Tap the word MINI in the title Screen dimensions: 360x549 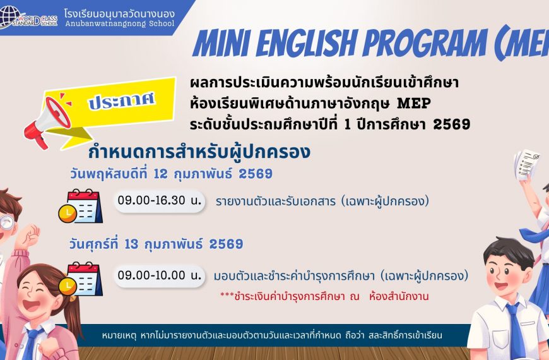[x=224, y=43]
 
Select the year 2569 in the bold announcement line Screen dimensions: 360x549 [x=451, y=124]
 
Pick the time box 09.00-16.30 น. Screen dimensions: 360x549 [x=159, y=201]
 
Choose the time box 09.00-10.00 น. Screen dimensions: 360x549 [x=159, y=275]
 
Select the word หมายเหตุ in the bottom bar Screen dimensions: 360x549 [x=121, y=335]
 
